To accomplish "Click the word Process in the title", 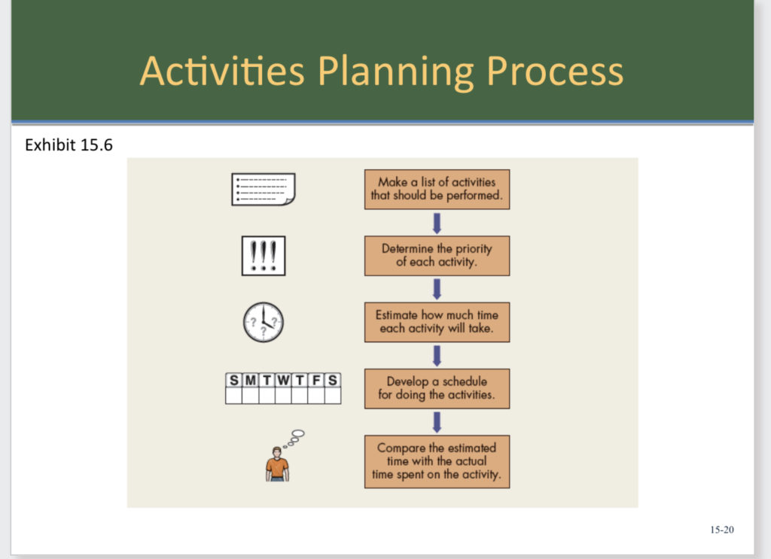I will [555, 71].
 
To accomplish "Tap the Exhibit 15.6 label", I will [69, 144].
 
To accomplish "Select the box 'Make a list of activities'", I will [437, 189].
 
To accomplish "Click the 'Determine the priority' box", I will [437, 256].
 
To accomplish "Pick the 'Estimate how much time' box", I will [437, 322].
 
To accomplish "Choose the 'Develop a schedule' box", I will [437, 388].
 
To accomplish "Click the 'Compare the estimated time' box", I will [437, 461].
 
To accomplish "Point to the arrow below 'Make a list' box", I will [437, 223].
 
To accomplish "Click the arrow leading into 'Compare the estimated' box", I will [437, 421].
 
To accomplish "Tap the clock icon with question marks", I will [263, 323].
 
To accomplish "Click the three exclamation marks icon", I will [263, 257].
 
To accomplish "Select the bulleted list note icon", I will [263, 189].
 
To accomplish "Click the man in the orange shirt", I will [277, 464].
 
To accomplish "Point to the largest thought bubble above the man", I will [298, 433].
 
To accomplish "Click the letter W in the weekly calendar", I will [283, 380].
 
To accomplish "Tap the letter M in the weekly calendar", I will [250, 380].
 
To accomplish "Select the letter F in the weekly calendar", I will [316, 380].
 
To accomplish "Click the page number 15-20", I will [721, 530].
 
